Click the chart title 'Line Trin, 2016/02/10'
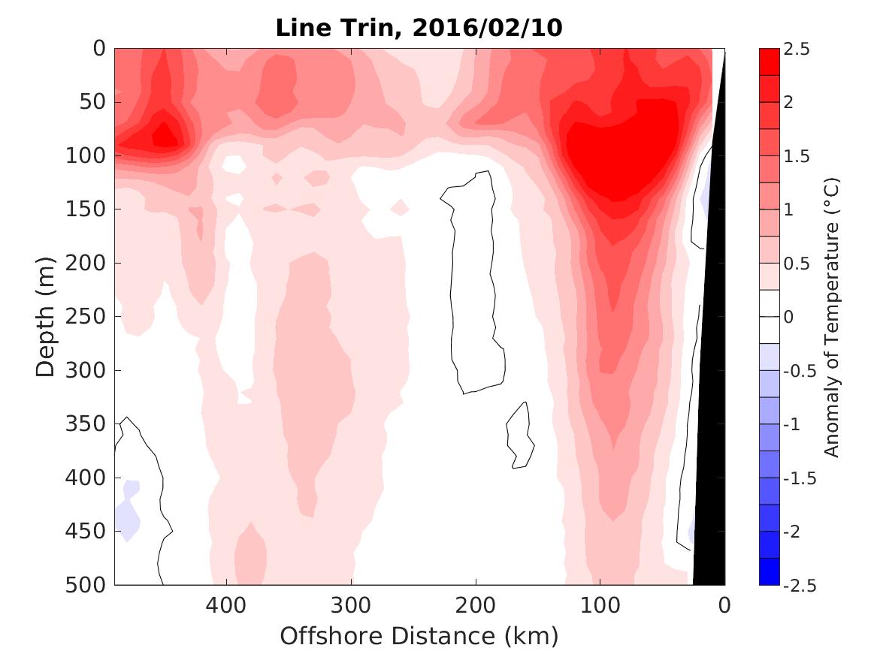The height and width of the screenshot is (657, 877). coord(419,28)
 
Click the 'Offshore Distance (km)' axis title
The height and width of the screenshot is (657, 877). coord(419,637)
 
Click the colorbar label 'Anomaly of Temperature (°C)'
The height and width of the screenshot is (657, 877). coord(830,317)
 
